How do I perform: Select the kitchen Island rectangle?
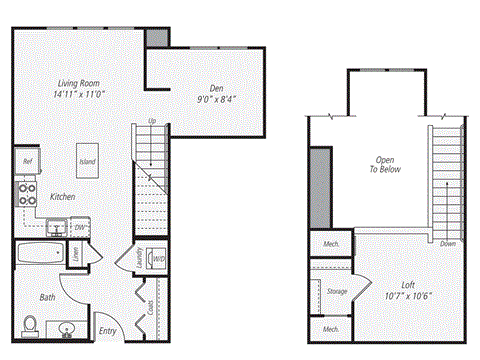(x=88, y=158)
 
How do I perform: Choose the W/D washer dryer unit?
(x=157, y=257)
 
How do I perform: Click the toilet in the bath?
(x=30, y=325)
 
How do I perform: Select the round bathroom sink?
(x=67, y=328)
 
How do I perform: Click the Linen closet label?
(x=76, y=256)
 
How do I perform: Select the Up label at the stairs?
(x=152, y=122)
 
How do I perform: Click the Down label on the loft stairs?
(x=448, y=243)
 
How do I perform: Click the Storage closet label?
(x=335, y=291)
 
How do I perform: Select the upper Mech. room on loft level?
(x=329, y=244)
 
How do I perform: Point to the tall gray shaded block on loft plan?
(x=320, y=188)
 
